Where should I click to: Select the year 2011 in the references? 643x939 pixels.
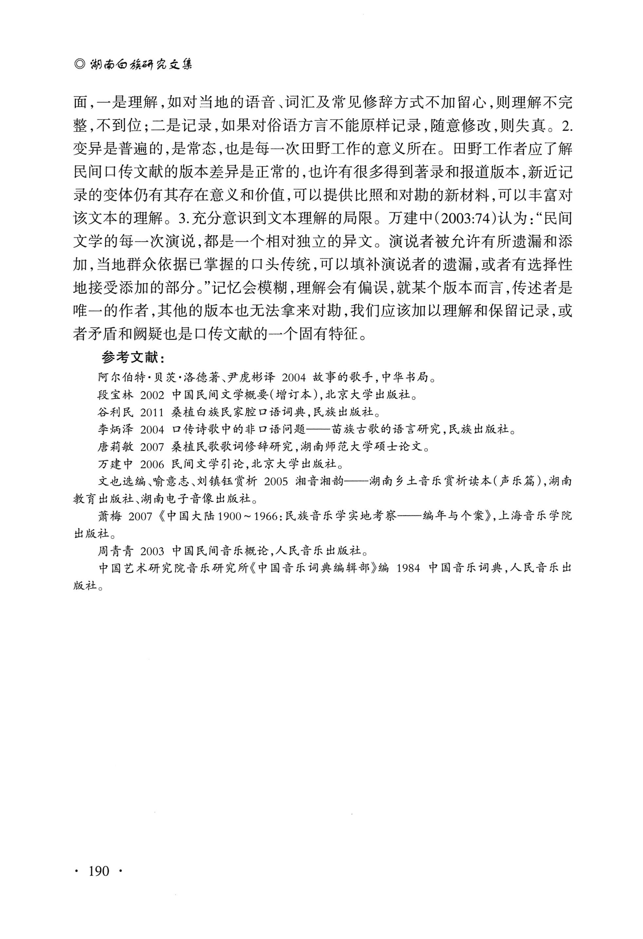(x=152, y=412)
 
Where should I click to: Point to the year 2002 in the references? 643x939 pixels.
(x=152, y=395)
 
